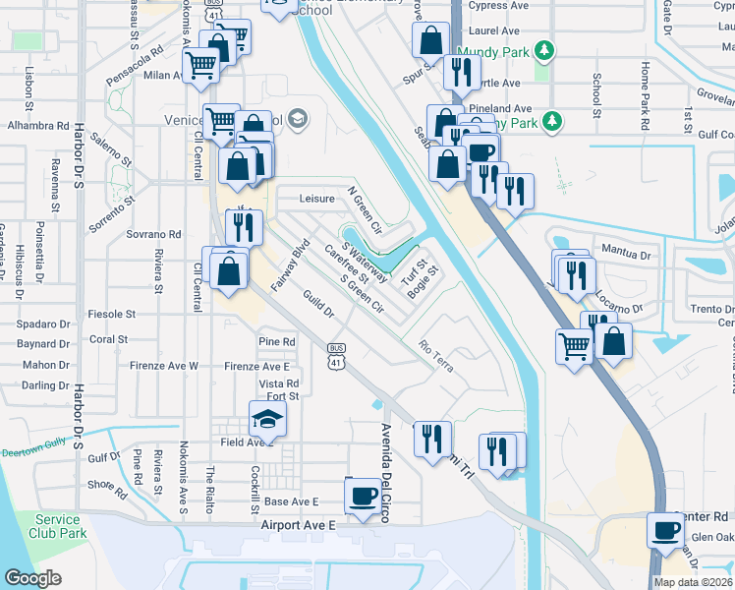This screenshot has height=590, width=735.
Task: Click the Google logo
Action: tap(33, 578)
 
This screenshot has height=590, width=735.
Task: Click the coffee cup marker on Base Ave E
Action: tap(363, 498)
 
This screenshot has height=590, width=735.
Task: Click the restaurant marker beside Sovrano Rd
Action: tap(243, 227)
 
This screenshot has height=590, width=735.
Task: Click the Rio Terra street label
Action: tap(435, 356)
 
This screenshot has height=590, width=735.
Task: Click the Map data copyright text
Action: tap(693, 582)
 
